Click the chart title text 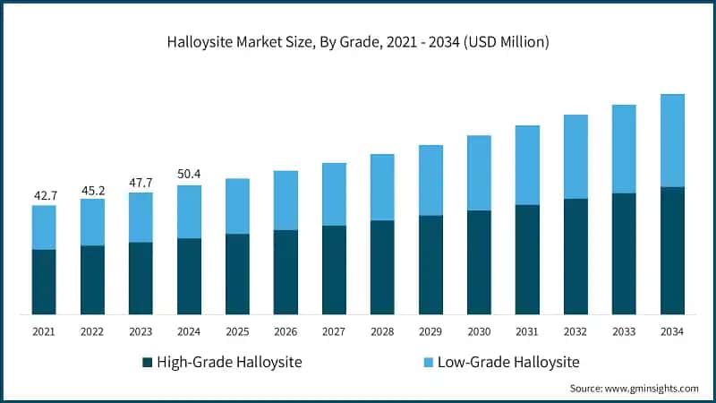point(357,42)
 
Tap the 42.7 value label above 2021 point(44,194)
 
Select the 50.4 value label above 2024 point(189,174)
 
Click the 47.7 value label point(141,182)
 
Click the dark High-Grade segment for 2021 point(44,281)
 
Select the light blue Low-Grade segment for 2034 point(672,141)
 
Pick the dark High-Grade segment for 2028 point(382,267)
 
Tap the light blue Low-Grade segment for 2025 point(237,206)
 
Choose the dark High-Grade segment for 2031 point(527,259)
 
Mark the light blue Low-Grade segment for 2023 point(141,218)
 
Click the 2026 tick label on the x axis point(286,331)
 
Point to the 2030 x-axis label point(479,331)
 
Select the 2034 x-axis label point(672,331)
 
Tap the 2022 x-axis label point(92,331)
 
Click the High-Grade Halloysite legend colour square point(148,363)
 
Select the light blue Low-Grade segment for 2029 point(430,180)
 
